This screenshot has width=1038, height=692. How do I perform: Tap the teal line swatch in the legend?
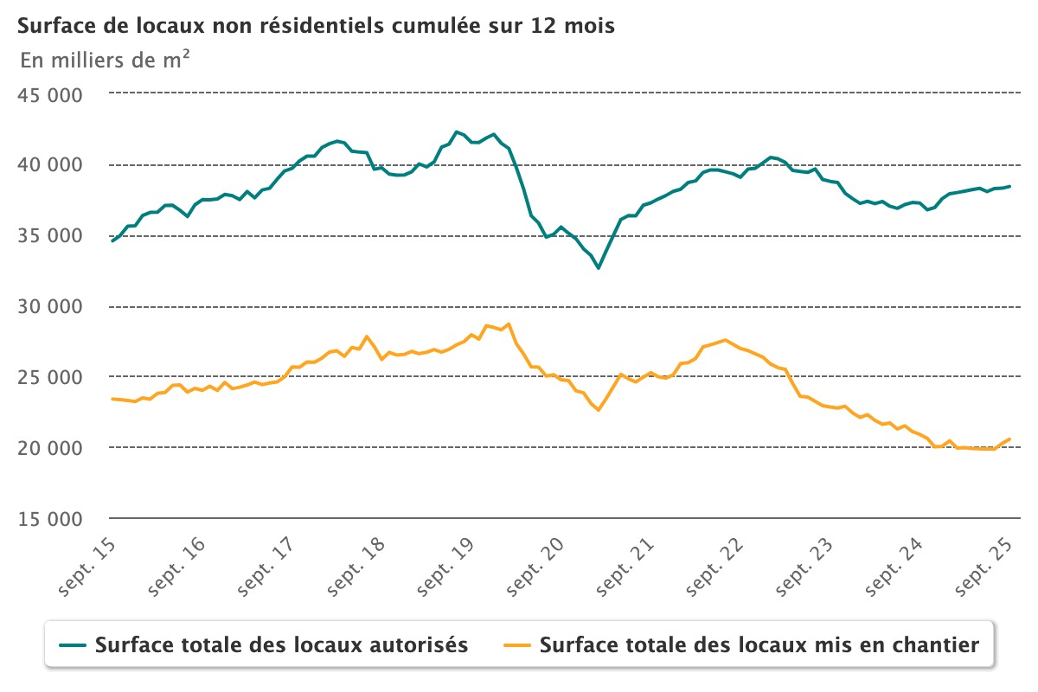(73, 645)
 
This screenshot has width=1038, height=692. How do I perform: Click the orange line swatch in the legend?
(516, 645)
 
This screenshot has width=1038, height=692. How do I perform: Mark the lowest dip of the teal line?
(598, 268)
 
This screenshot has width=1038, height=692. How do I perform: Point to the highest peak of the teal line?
(456, 131)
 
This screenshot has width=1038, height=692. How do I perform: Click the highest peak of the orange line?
(509, 324)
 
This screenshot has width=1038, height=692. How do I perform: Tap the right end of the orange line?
(1009, 439)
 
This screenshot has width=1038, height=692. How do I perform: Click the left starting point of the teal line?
(112, 240)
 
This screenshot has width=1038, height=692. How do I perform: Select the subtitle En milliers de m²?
(105, 61)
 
